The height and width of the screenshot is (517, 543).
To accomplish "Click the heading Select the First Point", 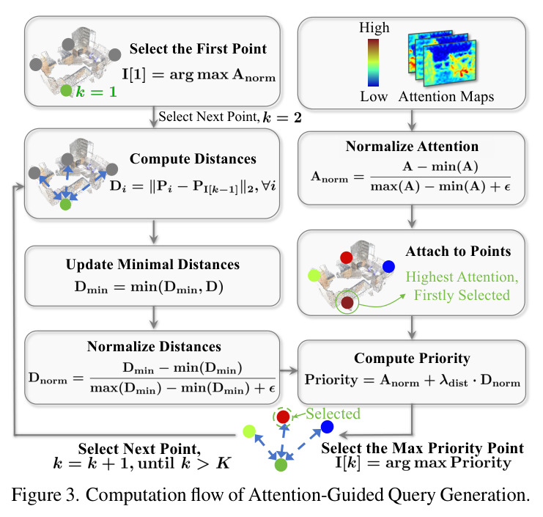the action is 198,49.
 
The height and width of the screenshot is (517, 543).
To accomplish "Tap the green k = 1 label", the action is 96,92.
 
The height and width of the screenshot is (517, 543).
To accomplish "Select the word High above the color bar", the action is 374,28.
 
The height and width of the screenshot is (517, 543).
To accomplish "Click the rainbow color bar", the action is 373,62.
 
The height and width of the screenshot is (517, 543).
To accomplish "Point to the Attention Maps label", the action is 446,97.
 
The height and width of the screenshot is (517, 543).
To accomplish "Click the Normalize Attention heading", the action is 412,146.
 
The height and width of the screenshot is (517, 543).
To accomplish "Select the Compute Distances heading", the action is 193,158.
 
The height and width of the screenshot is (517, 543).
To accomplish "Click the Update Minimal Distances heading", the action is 152,265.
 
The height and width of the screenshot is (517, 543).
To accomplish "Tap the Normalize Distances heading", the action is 154,347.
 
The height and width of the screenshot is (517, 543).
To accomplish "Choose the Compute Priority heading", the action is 412,359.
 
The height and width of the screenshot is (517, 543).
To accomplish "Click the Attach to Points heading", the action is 458,252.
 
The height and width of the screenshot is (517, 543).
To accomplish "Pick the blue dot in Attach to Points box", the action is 388,266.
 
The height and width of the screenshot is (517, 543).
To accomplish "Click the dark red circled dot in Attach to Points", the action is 347,302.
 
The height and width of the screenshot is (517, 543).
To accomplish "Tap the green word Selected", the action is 333,414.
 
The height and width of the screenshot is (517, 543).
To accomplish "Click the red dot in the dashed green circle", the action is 284,417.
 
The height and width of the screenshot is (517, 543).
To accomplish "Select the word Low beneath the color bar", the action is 374,97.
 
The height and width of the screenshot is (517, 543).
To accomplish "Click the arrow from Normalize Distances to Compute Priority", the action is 289,371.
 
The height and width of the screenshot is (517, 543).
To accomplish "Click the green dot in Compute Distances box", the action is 65,205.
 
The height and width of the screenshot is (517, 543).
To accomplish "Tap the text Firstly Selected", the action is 462,296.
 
